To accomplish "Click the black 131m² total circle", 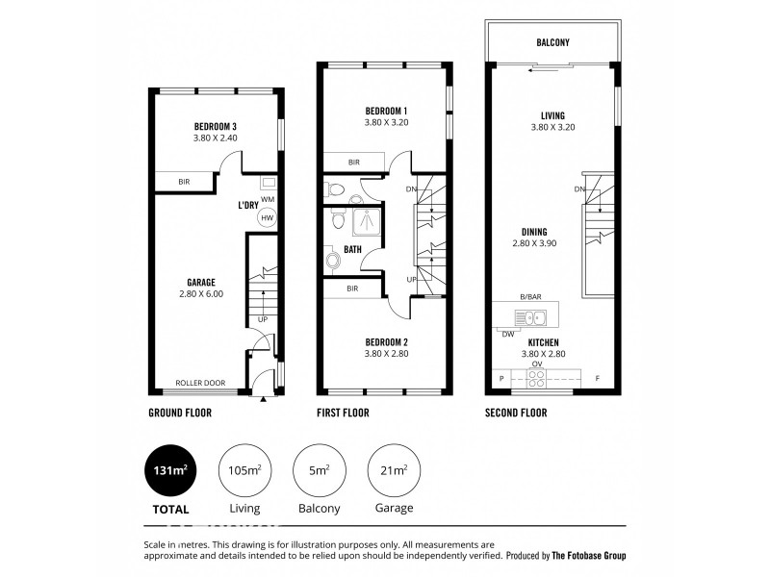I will (x=169, y=470).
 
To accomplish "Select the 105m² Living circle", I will (x=244, y=470).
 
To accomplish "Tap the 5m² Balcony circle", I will (x=317, y=470).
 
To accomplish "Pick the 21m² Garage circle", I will (x=391, y=470).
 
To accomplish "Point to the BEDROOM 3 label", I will (x=216, y=127).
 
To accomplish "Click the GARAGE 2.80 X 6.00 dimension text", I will (x=201, y=294).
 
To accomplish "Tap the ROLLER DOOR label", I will (x=200, y=383).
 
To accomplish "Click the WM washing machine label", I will (x=267, y=199).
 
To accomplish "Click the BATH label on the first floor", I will (x=353, y=249).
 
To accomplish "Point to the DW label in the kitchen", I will (x=507, y=334).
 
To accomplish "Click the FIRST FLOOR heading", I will (x=343, y=414).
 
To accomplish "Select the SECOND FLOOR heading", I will (x=516, y=414).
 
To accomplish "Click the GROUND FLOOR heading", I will (x=180, y=414).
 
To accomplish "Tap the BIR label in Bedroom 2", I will (x=352, y=288).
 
